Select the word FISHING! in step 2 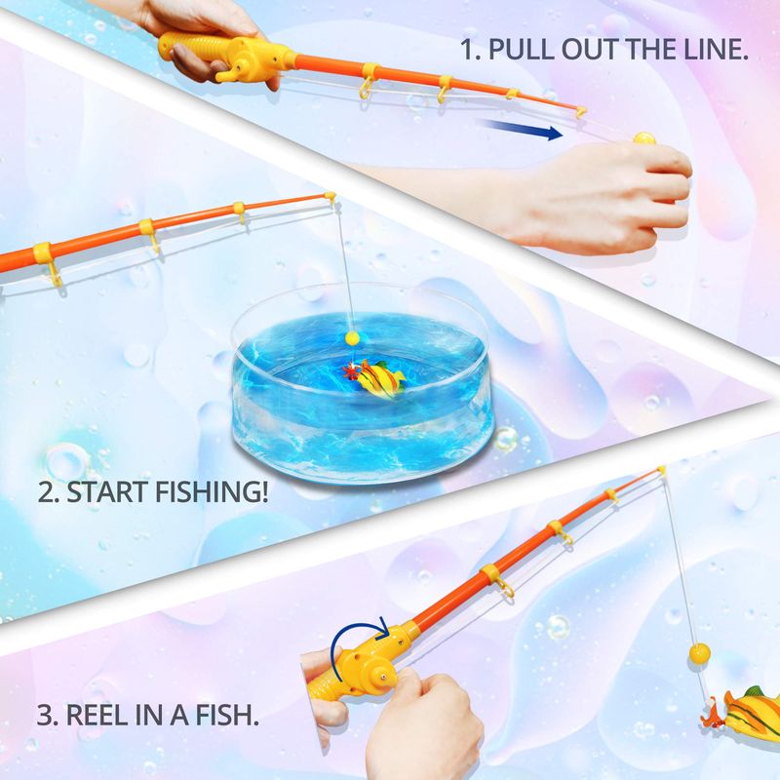pyautogui.click(x=212, y=491)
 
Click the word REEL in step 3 pyautogui.click(x=97, y=715)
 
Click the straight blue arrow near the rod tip pyautogui.click(x=519, y=129)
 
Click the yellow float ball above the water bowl pyautogui.click(x=352, y=337)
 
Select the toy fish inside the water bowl pyautogui.click(x=374, y=377)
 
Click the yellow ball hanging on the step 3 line pyautogui.click(x=699, y=652)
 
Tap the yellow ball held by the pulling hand pyautogui.click(x=644, y=137)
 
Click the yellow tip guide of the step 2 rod pyautogui.click(x=331, y=198)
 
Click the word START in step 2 pyautogui.click(x=107, y=492)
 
